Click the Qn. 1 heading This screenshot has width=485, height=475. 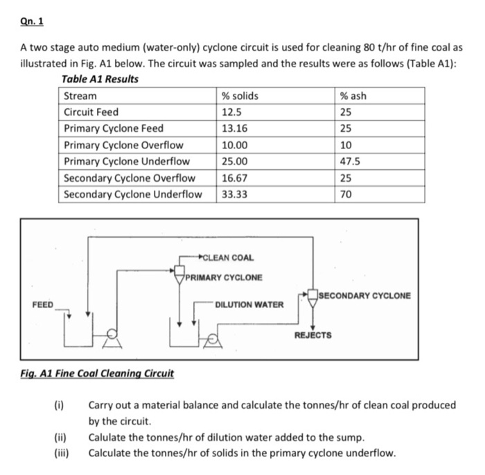pos(31,21)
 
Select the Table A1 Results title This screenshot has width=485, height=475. pos(100,79)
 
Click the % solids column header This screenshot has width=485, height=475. pos(239,96)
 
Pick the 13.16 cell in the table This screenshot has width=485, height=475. pos(234,128)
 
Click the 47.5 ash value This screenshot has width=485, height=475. pos(352,161)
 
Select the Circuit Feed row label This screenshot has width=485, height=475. pos(91,112)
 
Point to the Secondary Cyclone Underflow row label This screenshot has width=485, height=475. pos(133,193)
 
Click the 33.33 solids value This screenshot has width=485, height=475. pos(235,193)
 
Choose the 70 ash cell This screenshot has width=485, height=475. pos(348,193)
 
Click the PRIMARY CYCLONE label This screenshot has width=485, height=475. pos(224,278)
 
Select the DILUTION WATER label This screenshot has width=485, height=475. pos(249,304)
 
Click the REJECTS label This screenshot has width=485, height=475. pos(312,335)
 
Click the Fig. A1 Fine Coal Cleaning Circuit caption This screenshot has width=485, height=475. pos(96,374)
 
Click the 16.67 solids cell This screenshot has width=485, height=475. pos(234,178)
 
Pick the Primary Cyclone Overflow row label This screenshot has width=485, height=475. pos(123,145)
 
